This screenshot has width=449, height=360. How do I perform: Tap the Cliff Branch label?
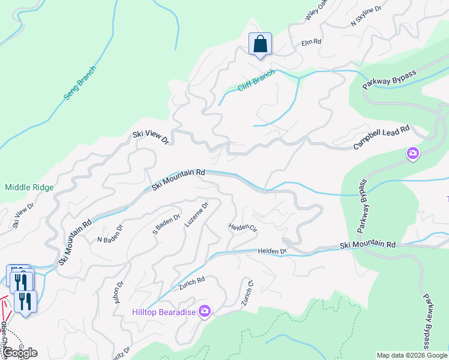pyautogui.click(x=256, y=80)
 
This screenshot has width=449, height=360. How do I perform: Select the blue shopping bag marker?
pyautogui.click(x=260, y=44)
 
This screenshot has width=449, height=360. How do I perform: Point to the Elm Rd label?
pyautogui.click(x=312, y=43)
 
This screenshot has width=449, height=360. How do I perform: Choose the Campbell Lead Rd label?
pyautogui.click(x=381, y=138)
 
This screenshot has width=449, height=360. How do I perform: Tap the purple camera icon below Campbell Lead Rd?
pyautogui.click(x=413, y=154)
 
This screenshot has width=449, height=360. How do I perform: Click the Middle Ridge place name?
pyautogui.click(x=29, y=187)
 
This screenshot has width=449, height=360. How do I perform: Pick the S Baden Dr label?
pyautogui.click(x=167, y=223)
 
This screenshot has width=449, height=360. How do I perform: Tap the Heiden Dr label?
pyautogui.click(x=273, y=251)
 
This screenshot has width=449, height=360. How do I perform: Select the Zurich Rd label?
pyautogui.click(x=191, y=283)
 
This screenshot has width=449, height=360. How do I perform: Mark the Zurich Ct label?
pyautogui.click(x=246, y=293)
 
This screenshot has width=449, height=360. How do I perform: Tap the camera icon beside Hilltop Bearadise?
pyautogui.click(x=205, y=311)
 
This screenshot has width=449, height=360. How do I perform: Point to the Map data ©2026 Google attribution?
pyautogui.click(x=412, y=355)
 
